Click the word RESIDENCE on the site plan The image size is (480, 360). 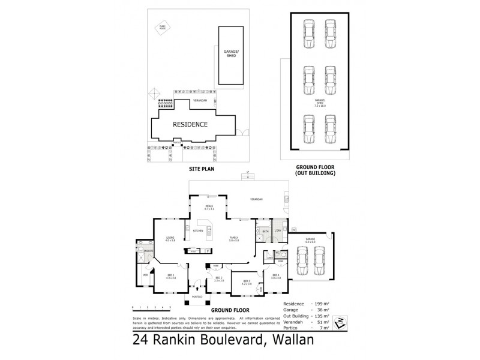[x=190, y=125]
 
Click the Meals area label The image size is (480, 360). [x=209, y=208]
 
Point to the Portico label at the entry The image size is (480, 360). [x=196, y=297]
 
